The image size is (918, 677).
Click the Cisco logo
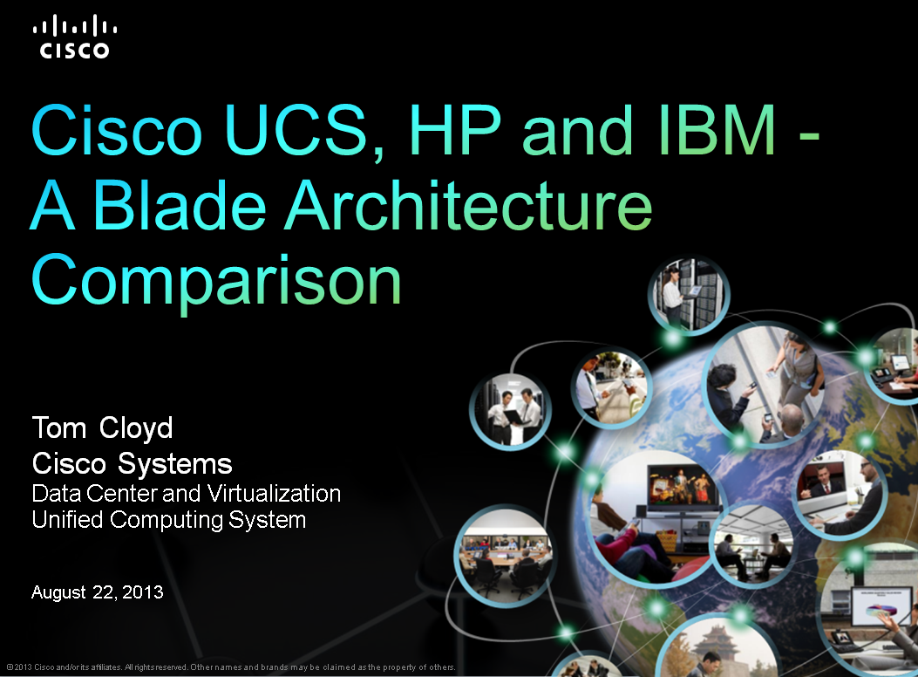pos(74,38)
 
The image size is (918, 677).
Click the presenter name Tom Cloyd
pos(102,428)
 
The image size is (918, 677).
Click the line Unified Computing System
pos(168,520)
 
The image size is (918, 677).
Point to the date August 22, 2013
pos(97,592)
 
